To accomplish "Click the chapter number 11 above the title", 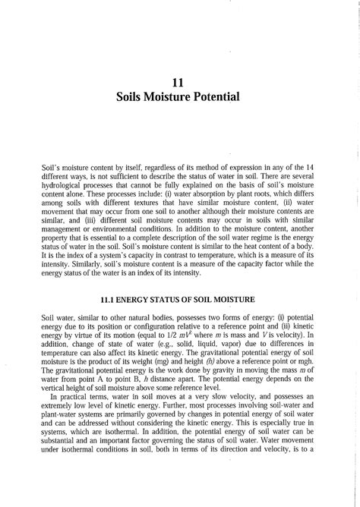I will pos(180,82).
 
